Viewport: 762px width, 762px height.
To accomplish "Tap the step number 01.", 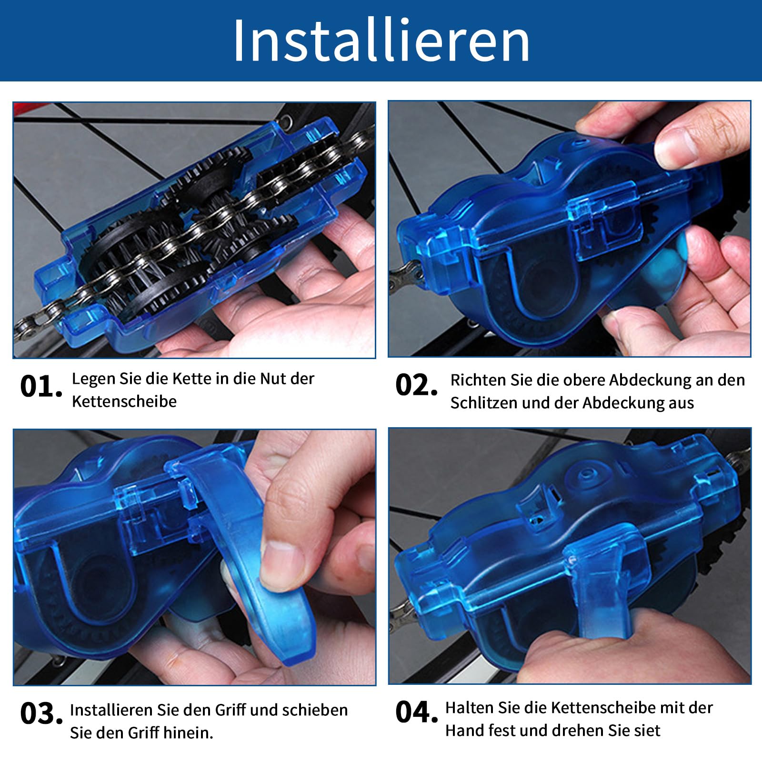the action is coord(41,386).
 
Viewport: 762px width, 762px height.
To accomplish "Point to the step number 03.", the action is coord(41,714).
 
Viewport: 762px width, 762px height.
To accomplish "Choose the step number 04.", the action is coord(416,712).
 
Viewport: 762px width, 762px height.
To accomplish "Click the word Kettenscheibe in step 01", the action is coord(124,401).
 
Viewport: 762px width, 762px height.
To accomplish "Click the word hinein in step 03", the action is coord(187,732).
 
